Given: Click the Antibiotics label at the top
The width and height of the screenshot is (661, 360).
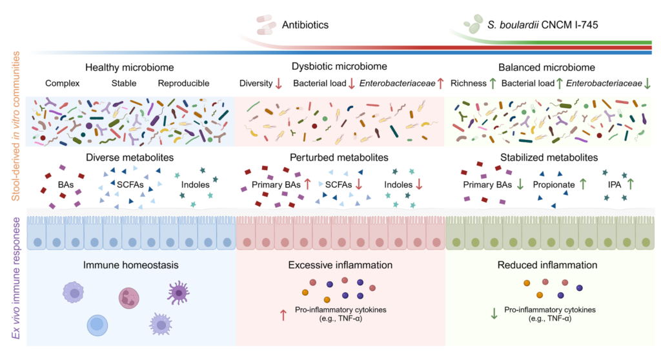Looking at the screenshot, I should pyautogui.click(x=305, y=25).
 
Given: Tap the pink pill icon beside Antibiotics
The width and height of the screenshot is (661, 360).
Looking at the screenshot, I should pyautogui.click(x=266, y=25).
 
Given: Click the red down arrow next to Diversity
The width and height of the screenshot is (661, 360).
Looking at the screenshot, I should pyautogui.click(x=279, y=83).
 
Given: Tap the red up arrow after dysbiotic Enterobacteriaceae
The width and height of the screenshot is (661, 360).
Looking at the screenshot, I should pyautogui.click(x=440, y=83).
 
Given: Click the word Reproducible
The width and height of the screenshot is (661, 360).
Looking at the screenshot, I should pyautogui.click(x=183, y=83).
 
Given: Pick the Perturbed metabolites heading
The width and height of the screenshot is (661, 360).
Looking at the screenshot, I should pyautogui.click(x=340, y=157).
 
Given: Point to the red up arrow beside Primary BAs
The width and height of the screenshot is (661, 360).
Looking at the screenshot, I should pyautogui.click(x=307, y=185).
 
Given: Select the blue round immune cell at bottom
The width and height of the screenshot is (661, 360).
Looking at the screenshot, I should pyautogui.click(x=97, y=325).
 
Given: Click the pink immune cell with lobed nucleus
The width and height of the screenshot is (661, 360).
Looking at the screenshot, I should pyautogui.click(x=129, y=297).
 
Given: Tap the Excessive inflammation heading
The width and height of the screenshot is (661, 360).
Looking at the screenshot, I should pyautogui.click(x=340, y=265).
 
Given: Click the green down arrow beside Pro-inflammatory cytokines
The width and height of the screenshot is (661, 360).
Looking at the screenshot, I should pyautogui.click(x=494, y=314).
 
